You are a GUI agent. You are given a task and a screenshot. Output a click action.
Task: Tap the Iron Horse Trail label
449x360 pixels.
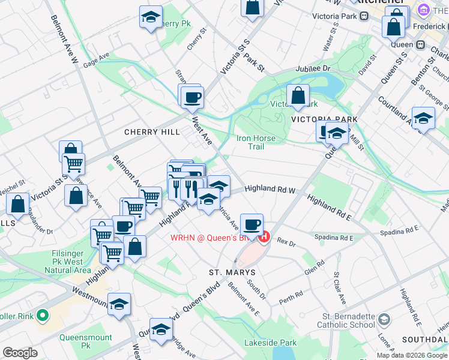(256, 142)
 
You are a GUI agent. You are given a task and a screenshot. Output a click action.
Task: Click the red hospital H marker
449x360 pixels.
(264, 237)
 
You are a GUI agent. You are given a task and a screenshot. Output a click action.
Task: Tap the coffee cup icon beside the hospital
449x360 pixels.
(253, 224)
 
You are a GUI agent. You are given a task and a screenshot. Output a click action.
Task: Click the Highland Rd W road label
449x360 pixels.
(270, 190)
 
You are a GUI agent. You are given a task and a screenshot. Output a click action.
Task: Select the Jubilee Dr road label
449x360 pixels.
(318, 69)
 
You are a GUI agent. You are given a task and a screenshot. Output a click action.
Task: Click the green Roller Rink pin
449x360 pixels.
(42, 315)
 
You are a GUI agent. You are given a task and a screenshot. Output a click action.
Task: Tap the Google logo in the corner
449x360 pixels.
(20, 353)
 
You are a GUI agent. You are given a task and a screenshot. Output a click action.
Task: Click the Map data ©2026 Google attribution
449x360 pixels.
(411, 355)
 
